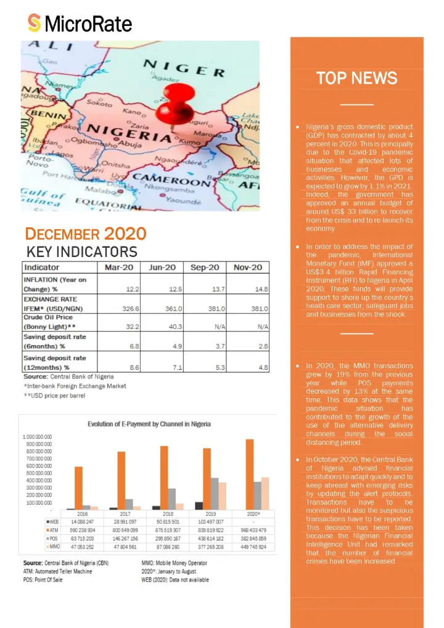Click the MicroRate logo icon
pos(35,23)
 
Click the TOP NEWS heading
pos(356,78)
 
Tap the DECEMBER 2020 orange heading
pos(86,234)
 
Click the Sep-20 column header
pos(206,267)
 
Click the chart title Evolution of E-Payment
pos(149,424)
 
